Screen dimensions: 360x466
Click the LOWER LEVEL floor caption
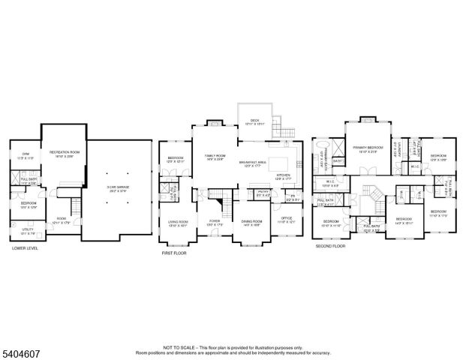coord(25,248)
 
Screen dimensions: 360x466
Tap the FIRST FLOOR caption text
coord(173,253)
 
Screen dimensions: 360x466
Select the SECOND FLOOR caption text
coord(330,245)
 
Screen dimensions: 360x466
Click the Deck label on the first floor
coord(254,121)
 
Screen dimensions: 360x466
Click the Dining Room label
coord(251,223)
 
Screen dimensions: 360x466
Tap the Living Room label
coord(177,223)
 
